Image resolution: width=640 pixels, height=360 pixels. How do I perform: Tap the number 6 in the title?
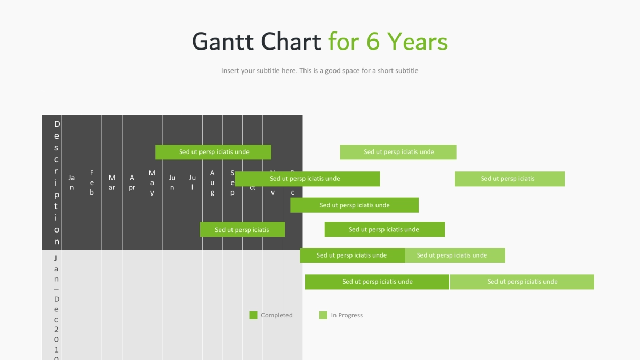point(372,42)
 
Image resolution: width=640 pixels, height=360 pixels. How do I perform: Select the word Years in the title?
point(417,42)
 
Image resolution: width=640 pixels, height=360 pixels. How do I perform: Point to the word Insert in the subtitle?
point(230,70)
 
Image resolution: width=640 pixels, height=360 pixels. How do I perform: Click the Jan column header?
point(71,182)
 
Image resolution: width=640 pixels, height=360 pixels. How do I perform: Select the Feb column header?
point(92,182)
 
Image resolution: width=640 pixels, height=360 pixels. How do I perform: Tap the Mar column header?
point(112,182)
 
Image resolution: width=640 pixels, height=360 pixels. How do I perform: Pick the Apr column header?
point(132,182)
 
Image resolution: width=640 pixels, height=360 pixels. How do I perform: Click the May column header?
point(152,182)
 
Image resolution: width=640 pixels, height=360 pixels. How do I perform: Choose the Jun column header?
point(172,182)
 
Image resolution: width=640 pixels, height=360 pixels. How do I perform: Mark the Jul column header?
point(192,182)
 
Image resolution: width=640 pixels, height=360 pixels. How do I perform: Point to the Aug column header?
point(212,182)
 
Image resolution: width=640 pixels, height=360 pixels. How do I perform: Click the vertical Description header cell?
point(57,182)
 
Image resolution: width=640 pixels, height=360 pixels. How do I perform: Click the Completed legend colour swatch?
point(253,315)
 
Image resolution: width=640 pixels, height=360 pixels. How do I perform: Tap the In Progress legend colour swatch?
point(323,315)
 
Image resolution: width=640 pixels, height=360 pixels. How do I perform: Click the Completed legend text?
point(277,315)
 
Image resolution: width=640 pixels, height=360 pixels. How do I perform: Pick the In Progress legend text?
point(347,315)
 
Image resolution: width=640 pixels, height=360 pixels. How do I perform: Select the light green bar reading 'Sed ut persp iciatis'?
point(509,179)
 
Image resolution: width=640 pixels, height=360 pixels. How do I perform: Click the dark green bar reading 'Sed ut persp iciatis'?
point(242,230)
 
